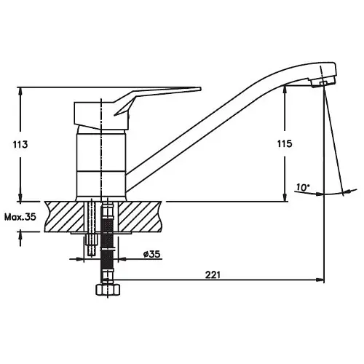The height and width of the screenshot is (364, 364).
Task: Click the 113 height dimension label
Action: coord(20,144)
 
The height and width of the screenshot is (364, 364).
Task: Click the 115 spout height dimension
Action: coord(285,143)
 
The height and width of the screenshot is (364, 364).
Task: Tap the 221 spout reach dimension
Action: coord(213,275)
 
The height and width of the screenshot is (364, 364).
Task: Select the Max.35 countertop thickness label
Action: coord(20,217)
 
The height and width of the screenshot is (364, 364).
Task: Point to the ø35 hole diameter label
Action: coord(152,254)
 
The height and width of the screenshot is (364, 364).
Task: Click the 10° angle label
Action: coord(303,188)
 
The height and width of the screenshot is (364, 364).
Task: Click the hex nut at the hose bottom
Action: coord(108,290)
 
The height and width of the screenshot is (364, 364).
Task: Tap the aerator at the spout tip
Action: coord(323,83)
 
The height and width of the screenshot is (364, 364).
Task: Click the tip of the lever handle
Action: coord(201,88)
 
